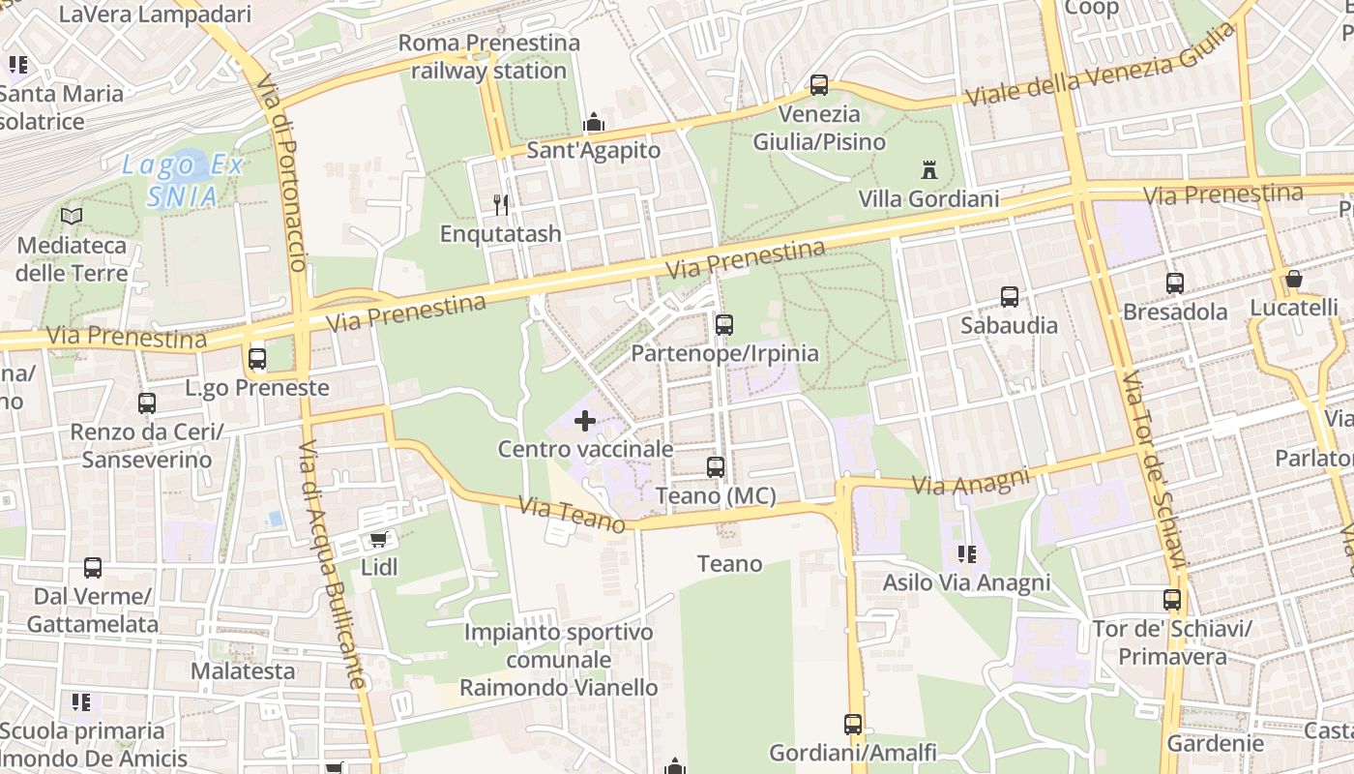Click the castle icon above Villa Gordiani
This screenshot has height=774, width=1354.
[929, 170]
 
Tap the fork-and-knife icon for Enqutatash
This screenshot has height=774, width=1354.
[501, 204]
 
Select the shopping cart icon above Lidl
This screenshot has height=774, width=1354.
[379, 539]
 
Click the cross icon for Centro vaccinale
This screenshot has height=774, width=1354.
[585, 421]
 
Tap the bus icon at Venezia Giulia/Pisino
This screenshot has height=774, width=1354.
[819, 85]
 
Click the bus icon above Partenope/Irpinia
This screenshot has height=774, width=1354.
[724, 325]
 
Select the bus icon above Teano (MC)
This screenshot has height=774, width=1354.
[716, 467]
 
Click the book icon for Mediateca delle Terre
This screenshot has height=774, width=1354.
[72, 216]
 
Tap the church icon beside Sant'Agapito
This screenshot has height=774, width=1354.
[594, 122]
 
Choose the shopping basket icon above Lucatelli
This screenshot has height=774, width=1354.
[1294, 279]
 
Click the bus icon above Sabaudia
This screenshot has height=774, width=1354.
[1010, 297]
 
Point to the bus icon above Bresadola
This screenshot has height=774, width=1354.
[1175, 283]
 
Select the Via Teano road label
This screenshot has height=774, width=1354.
[572, 515]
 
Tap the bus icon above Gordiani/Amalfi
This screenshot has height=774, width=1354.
[853, 724]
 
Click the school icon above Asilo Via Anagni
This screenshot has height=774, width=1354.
[966, 554]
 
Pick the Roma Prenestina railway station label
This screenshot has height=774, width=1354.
[489, 56]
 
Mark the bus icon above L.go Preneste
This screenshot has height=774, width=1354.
[257, 359]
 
